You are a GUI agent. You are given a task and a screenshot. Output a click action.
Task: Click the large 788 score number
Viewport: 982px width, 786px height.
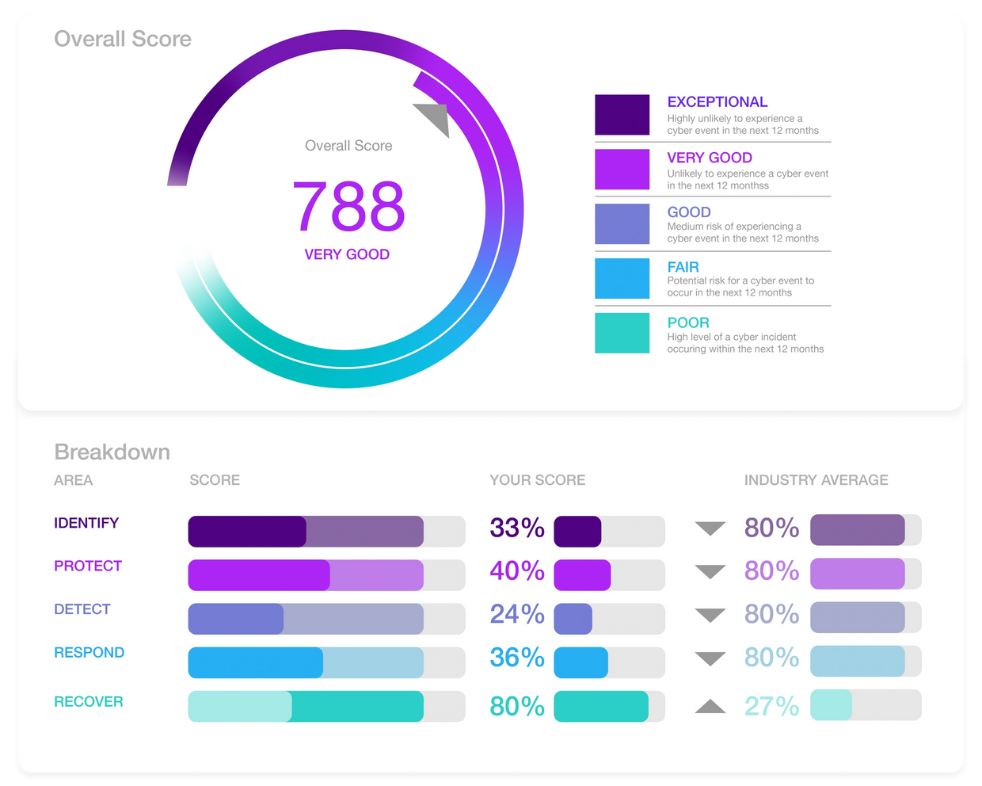(x=348, y=206)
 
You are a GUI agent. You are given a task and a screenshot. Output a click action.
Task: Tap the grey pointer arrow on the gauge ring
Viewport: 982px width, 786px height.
(x=434, y=118)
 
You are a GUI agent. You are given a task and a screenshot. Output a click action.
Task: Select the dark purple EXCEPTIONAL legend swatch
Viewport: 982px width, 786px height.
(x=622, y=115)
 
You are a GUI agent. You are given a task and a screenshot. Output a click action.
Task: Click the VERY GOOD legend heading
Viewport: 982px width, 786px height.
(x=710, y=158)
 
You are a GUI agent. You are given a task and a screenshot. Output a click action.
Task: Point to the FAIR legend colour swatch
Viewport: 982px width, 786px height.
(x=622, y=278)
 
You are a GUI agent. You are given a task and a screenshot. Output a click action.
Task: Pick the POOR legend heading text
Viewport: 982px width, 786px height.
(x=688, y=322)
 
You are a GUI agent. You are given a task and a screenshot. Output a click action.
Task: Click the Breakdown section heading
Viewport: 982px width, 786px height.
(x=112, y=452)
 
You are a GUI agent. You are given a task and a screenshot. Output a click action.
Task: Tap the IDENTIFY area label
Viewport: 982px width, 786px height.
(x=86, y=523)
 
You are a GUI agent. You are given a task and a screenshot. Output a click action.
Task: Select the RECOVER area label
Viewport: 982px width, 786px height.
(x=89, y=701)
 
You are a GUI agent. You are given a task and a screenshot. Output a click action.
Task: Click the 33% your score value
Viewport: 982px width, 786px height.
(x=517, y=528)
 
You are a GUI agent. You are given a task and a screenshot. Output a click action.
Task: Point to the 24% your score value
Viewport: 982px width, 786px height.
(x=517, y=614)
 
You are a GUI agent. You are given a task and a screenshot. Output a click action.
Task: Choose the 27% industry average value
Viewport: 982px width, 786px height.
(x=771, y=706)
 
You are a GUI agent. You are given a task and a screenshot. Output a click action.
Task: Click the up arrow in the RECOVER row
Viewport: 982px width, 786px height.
(x=710, y=706)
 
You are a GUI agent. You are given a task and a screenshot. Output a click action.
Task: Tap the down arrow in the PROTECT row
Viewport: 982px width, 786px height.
(x=710, y=571)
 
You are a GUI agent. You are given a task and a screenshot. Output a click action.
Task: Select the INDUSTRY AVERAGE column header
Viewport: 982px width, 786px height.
(x=816, y=480)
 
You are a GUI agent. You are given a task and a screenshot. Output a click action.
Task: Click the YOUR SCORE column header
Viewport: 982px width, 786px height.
(x=538, y=480)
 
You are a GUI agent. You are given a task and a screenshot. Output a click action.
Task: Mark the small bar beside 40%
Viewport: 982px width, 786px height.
(x=582, y=575)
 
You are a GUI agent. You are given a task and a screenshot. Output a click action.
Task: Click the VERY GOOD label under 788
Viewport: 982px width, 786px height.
(x=347, y=254)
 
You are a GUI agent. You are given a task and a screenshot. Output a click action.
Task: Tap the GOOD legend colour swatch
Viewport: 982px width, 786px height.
(x=622, y=223)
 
